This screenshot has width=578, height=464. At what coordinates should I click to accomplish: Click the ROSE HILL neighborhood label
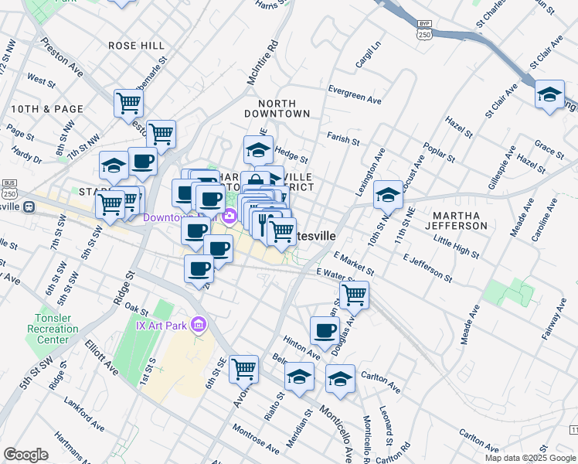click(136, 46)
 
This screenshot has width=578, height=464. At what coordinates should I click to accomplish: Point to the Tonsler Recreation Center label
click(56, 329)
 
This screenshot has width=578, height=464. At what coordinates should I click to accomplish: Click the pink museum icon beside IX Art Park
click(199, 325)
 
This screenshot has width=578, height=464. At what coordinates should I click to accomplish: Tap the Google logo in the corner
click(25, 455)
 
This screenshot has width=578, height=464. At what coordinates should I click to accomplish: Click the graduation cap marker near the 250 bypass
click(549, 94)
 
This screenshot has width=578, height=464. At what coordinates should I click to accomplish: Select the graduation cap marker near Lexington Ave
click(388, 194)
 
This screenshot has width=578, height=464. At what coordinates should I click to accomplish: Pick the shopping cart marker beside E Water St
click(354, 294)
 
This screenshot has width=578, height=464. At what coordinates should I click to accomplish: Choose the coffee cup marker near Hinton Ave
click(325, 330)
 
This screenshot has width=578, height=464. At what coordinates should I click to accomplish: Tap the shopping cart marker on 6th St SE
click(244, 368)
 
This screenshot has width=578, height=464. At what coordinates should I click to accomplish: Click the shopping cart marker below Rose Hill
click(128, 102)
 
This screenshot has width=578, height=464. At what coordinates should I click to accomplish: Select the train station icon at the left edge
click(30, 206)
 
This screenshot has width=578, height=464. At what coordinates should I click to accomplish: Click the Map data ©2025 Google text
click(530, 458)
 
